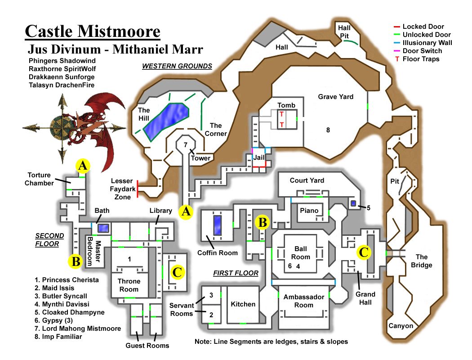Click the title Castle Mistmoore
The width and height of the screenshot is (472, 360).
pos(93,31)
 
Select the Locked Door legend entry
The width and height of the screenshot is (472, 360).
pos(423,27)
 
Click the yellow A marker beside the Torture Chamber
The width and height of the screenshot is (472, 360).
pos(82,166)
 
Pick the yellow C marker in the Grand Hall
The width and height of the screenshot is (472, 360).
pos(363,252)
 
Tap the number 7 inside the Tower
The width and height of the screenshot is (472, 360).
pos(185,145)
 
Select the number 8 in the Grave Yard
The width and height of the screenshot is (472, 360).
pos(328,130)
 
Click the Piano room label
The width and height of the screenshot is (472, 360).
pos(309,211)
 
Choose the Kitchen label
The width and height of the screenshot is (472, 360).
pos(243,304)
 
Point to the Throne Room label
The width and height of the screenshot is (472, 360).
pos(129,285)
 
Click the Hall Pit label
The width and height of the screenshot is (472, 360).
pos(344,32)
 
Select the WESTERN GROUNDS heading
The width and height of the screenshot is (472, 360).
pos(177,66)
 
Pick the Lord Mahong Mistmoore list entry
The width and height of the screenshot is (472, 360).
pos(77,328)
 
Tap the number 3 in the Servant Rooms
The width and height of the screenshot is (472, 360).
pos(210,296)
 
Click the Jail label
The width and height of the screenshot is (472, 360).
pos(258,158)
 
